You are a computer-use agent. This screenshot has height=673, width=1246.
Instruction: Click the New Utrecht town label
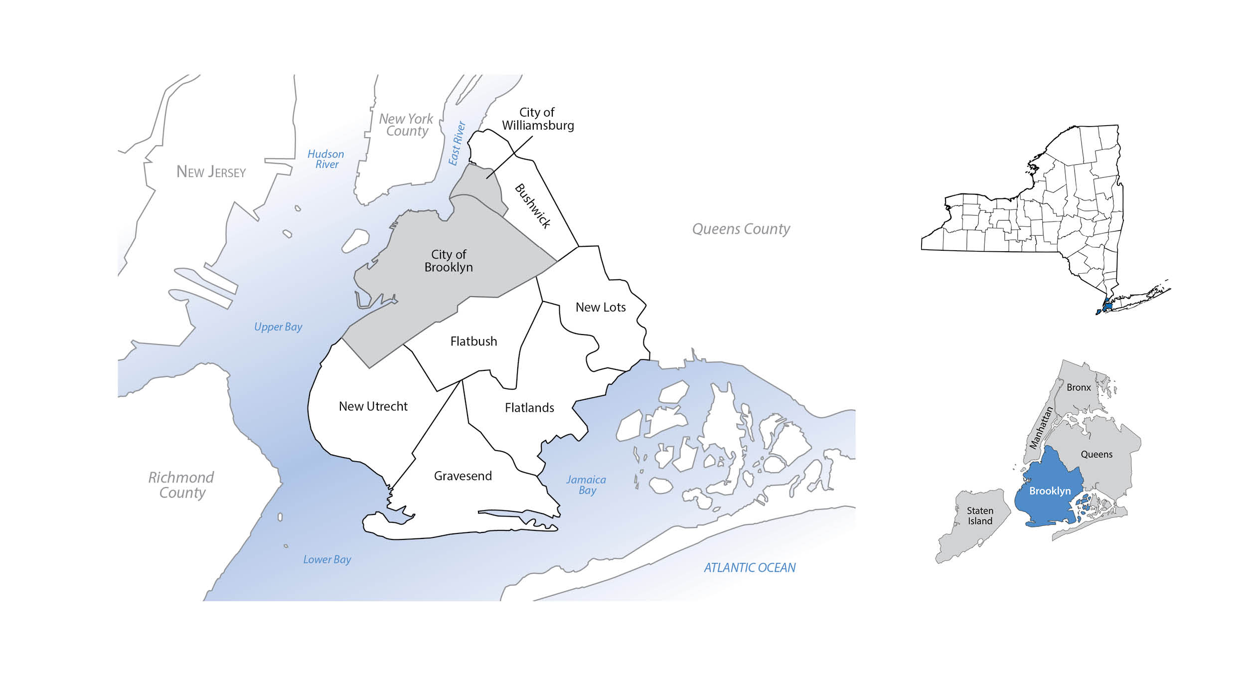pyautogui.click(x=373, y=406)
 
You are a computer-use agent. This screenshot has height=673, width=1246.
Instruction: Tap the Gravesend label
pyautogui.click(x=463, y=476)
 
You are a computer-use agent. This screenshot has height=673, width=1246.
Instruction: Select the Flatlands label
pyautogui.click(x=529, y=408)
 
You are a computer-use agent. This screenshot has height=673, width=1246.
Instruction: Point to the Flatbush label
pyautogui.click(x=473, y=341)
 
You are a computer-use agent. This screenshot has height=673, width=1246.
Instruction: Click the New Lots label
pyautogui.click(x=600, y=307)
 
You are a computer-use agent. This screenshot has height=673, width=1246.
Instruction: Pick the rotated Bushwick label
pyautogui.click(x=532, y=206)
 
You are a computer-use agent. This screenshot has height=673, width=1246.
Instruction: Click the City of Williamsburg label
pyautogui.click(x=537, y=119)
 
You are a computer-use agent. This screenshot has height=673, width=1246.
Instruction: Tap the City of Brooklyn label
pyautogui.click(x=449, y=261)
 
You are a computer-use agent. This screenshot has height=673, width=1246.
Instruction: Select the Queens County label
pyautogui.click(x=741, y=229)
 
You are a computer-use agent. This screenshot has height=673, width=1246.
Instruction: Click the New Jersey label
pyautogui.click(x=211, y=172)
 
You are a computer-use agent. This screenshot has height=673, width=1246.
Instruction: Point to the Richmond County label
pyautogui.click(x=181, y=485)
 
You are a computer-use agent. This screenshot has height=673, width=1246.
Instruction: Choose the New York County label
pyautogui.click(x=406, y=125)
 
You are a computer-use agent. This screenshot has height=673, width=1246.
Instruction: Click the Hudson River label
pyautogui.click(x=326, y=159)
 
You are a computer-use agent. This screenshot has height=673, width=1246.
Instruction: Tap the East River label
pyautogui.click(x=457, y=143)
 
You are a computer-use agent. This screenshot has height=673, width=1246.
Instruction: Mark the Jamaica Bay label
pyautogui.click(x=586, y=485)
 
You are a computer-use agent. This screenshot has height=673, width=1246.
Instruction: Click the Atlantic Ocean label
pyautogui.click(x=749, y=567)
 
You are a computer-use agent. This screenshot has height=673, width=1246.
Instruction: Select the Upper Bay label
pyautogui.click(x=278, y=327)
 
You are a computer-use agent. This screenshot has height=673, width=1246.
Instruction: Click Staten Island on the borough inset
pyautogui.click(x=980, y=515)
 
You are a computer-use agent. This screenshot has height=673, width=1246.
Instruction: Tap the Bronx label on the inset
pyautogui.click(x=1079, y=387)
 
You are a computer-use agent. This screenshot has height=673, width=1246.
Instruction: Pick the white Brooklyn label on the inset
pyautogui.click(x=1050, y=491)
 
